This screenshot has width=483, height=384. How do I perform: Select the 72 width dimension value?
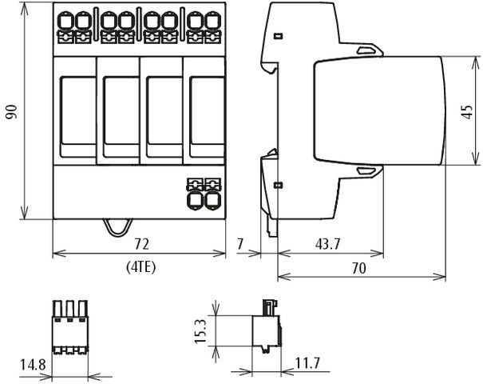point(141,242)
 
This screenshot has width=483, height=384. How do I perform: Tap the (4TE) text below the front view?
point(141,267)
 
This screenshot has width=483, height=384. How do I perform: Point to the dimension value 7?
point(241,242)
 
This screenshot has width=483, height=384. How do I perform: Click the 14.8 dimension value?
point(32,365)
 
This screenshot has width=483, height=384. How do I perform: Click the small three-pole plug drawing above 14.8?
point(69,328)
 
